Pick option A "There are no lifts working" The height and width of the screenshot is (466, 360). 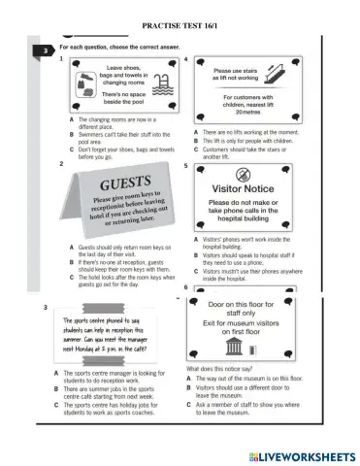point(253,131)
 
